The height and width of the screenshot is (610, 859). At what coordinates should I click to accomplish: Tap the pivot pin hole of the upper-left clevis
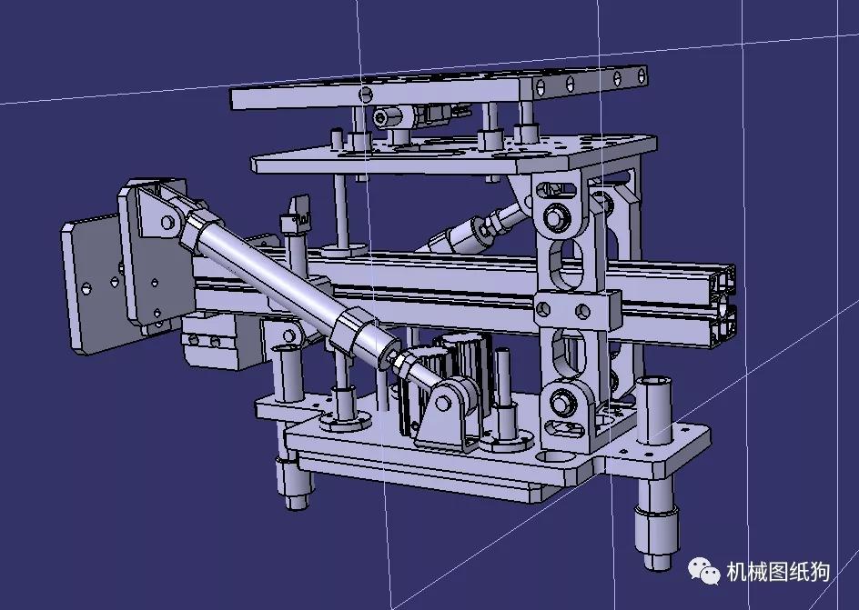pyautogui.click(x=167, y=222)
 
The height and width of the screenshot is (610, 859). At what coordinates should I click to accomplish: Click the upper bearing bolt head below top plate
pyautogui.click(x=554, y=219)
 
